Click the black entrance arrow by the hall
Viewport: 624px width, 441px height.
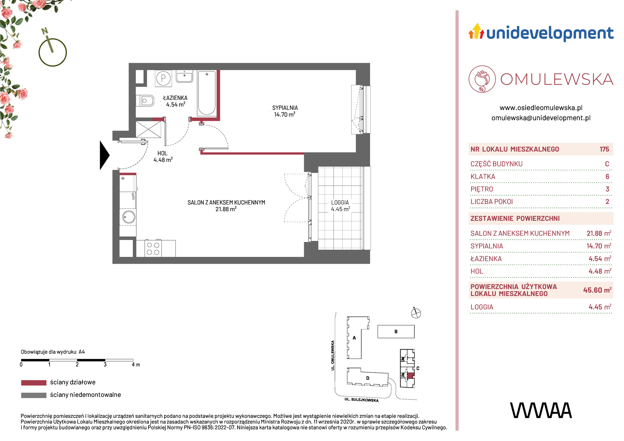pos(104,155)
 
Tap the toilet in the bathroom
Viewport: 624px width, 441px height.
pos(145,101)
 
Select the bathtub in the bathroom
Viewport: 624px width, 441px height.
pos(207,93)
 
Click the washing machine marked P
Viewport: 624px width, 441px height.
pos(163,78)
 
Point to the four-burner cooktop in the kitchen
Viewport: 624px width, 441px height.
pos(153,248)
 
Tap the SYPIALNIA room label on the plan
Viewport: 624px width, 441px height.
pos(285,108)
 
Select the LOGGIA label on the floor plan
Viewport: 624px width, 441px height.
pos(340,203)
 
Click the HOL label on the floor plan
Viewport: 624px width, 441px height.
pos(163,153)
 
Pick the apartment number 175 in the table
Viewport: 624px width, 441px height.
pos(604,149)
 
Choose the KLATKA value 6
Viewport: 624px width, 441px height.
pos(607,177)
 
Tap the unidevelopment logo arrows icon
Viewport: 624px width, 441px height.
pos(476,31)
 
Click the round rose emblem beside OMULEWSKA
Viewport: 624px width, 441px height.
pos(482,79)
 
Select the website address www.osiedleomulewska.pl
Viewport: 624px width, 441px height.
pos(541,108)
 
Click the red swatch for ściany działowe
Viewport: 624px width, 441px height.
pos(34,383)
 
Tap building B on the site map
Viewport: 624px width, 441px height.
pos(396,331)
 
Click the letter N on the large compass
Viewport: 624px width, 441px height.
pos(45,31)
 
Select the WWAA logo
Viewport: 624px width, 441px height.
pos(541,410)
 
